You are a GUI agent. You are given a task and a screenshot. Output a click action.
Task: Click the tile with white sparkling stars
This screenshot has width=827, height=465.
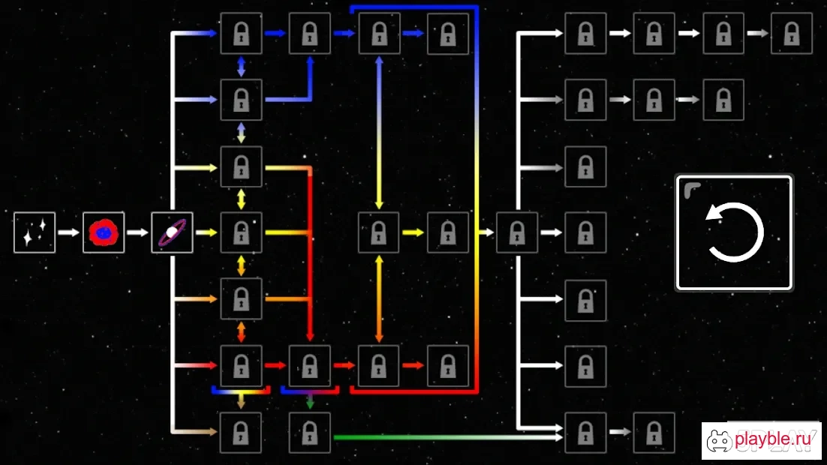point(35,232)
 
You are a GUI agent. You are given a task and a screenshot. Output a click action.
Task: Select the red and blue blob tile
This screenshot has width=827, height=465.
point(104,232)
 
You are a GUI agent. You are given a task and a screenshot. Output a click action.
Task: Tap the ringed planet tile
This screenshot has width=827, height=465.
point(172,232)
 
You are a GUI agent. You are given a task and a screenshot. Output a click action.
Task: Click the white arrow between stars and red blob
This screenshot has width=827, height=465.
point(68,232)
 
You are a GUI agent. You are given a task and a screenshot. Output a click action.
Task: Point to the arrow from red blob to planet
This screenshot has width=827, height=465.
point(137,232)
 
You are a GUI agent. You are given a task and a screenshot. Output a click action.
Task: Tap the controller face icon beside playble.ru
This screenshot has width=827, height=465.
point(719,441)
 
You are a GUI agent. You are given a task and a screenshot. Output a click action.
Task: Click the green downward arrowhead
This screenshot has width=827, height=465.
point(310,403)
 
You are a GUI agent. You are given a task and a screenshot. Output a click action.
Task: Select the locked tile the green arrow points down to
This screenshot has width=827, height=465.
point(310,432)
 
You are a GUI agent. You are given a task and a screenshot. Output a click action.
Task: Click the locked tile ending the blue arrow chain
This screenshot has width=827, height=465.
point(448,34)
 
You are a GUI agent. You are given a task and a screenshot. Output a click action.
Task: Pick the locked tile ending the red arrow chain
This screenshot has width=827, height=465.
point(448,366)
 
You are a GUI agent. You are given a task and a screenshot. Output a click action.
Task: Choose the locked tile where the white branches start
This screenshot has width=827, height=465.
point(517,232)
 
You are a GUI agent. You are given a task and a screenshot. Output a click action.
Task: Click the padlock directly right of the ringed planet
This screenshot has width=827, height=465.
point(241,232)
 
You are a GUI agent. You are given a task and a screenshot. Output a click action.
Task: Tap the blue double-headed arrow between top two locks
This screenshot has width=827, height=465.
point(241,67)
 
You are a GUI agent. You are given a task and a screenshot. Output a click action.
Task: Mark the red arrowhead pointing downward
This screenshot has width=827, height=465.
point(310,337)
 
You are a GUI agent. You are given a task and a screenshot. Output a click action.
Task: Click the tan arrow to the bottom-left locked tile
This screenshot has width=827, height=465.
point(194,432)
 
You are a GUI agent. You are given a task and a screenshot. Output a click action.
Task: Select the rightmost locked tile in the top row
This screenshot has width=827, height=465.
point(792,34)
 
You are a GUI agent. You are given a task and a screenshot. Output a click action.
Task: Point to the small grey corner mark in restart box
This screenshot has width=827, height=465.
point(691,189)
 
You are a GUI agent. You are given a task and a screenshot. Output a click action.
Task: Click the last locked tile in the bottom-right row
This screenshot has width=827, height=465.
point(654,432)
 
